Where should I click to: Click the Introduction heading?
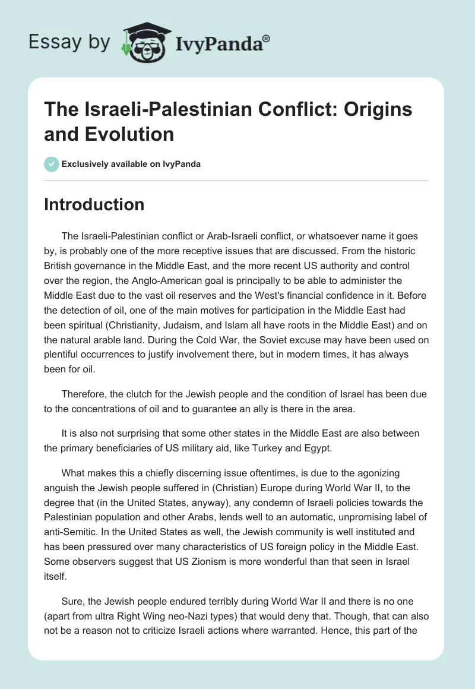(x=94, y=204)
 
